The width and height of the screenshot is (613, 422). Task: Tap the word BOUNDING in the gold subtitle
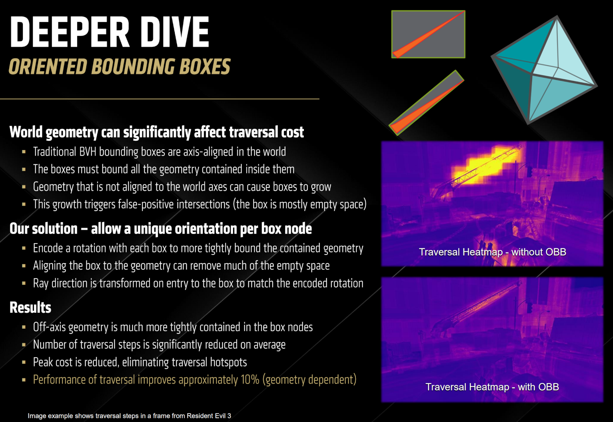[134, 66]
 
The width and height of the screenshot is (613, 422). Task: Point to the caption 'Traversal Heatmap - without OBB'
[492, 252]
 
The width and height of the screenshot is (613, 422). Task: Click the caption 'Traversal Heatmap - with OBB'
[492, 387]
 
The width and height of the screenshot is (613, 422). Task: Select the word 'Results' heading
[30, 307]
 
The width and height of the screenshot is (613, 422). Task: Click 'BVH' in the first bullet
[88, 152]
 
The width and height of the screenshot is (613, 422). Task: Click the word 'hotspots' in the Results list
[228, 362]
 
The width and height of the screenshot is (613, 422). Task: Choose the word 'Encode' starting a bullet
[48, 248]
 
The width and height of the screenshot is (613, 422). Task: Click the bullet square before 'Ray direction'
[24, 283]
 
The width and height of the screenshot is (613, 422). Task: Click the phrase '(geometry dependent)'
[309, 380]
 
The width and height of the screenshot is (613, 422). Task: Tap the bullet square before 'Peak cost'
[24, 362]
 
